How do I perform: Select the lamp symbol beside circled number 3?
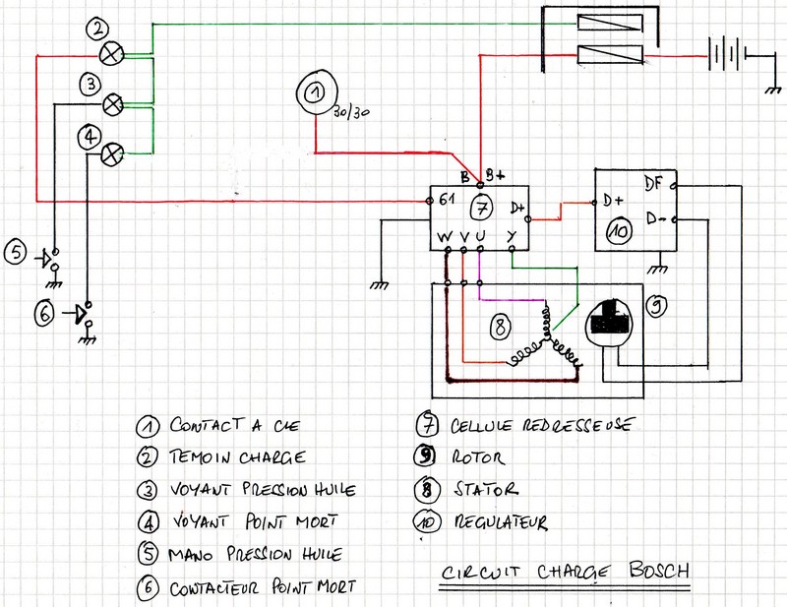[x=113, y=101]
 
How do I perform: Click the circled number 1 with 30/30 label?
[x=314, y=95]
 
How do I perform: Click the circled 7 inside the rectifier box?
[x=479, y=208]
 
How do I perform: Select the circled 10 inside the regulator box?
[x=617, y=232]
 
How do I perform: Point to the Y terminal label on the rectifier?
[x=512, y=236]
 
